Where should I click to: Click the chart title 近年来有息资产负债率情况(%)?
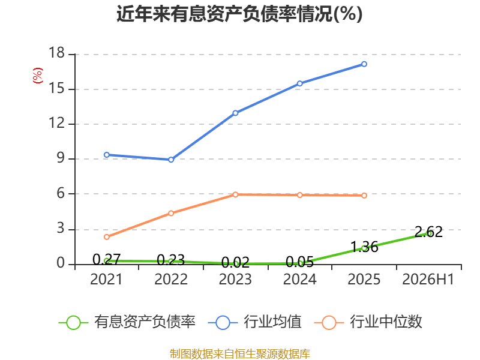tap(239, 14)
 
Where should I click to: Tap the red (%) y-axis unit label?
tap(38, 76)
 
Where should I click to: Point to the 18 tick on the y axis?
tap(57, 53)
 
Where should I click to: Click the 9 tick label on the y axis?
tap(61, 158)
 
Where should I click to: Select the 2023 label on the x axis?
tap(235, 279)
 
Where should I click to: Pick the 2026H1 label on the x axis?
tap(428, 279)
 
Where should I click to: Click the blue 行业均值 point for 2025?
tap(364, 64)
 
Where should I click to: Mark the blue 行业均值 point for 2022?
tap(171, 160)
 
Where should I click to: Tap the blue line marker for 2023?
tap(235, 113)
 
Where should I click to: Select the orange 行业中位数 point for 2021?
tap(107, 237)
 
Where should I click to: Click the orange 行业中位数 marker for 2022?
tap(171, 213)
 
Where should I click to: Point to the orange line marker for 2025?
tap(364, 196)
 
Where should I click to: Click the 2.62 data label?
tap(428, 232)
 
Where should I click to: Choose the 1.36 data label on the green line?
tap(364, 247)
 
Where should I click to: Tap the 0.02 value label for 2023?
tap(235, 263)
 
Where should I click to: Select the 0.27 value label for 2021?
tap(107, 260)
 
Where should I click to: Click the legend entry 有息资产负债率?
tap(127, 322)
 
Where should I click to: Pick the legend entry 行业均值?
tap(254, 322)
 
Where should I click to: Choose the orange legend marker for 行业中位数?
tap(329, 323)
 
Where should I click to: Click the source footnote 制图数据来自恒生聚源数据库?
tap(240, 354)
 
